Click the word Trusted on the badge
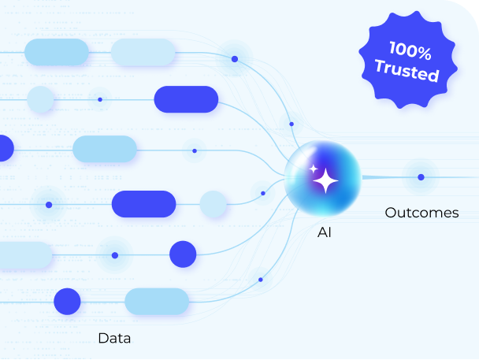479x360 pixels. pos(407,72)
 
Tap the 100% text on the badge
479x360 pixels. pos(409,54)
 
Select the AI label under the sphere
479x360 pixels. pos(324,232)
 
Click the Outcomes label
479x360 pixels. pos(421,213)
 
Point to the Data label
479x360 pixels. pos(114,339)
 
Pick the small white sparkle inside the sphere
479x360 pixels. pos(313,169)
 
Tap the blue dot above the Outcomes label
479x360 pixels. pos(421,177)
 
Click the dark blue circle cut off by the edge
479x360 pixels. pos(4,148)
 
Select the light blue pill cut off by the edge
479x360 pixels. pos(24,254)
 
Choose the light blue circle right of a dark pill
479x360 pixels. pos(214,204)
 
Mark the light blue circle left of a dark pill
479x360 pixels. pos(41,99)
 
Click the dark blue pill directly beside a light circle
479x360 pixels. pos(144,204)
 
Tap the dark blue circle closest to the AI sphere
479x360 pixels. pos(183,254)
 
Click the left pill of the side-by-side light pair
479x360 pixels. pos(57,52)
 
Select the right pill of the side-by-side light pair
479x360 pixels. pos(142,52)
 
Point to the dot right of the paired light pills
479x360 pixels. pos(234,59)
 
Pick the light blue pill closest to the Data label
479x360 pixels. pos(157,302)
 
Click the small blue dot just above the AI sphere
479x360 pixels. pos(291,124)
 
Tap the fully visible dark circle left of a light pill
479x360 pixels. pos(67,302)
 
